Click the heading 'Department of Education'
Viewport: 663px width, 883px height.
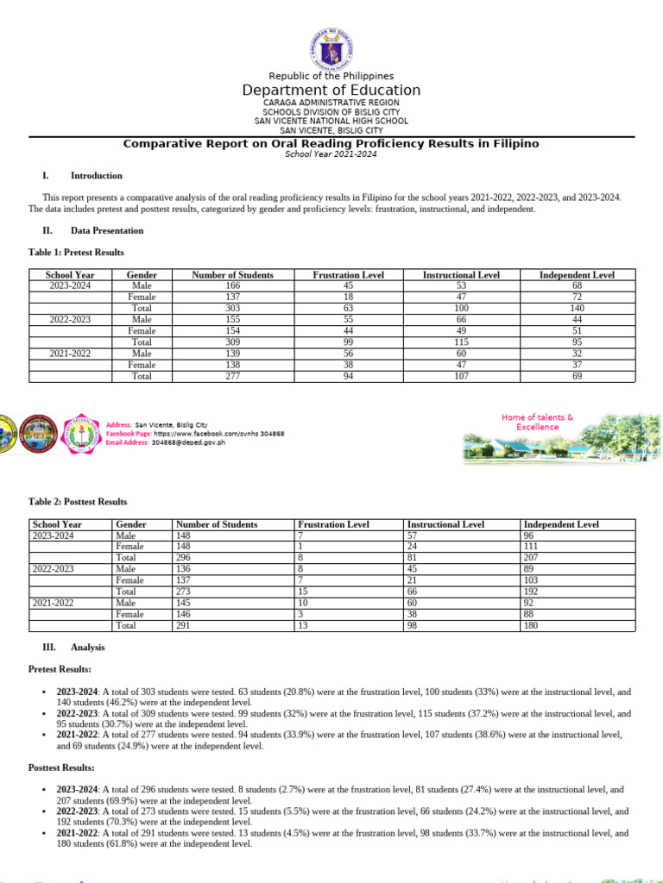(331, 91)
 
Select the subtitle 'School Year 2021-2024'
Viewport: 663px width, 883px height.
(331, 153)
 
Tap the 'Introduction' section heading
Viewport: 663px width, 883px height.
(96, 176)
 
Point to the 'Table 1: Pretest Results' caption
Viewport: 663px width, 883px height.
(76, 253)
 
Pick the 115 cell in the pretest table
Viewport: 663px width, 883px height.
(461, 342)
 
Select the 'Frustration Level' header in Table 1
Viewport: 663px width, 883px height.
(349, 275)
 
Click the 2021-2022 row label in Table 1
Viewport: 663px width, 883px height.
(69, 354)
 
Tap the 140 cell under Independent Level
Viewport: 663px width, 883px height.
(577, 308)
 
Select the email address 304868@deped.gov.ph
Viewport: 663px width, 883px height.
(188, 441)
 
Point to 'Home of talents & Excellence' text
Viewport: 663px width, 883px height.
(537, 422)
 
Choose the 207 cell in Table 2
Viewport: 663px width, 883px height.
(531, 557)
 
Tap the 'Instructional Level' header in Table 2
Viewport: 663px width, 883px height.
(445, 524)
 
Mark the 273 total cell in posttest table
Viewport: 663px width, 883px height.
(184, 592)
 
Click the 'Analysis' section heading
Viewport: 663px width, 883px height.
(87, 647)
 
